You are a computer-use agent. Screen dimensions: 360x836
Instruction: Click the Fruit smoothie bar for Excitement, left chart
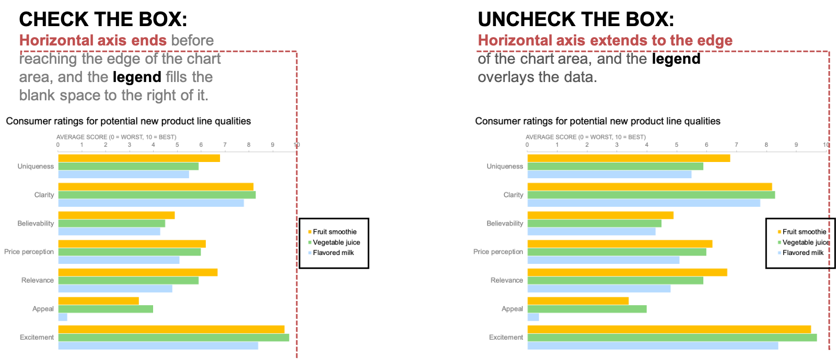171,329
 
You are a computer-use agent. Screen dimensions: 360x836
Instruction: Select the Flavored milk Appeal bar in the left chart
63,317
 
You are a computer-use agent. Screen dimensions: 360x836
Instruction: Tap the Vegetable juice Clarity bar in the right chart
651,195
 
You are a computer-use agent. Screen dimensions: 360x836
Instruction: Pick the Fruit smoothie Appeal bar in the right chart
578,301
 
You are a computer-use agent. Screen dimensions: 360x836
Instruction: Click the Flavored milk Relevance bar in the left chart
115,288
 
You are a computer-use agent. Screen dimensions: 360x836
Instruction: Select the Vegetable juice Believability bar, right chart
594,224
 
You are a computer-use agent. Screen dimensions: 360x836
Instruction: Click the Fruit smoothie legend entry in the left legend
334,232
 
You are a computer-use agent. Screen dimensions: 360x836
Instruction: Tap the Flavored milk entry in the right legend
803,253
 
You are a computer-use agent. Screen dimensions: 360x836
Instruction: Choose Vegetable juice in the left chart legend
336,242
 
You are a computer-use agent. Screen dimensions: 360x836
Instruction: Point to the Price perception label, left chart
29,252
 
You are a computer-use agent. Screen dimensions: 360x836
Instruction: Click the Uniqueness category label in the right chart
505,167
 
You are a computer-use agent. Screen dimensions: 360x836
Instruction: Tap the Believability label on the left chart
36,224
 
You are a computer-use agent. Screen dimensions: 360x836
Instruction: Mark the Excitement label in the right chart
506,338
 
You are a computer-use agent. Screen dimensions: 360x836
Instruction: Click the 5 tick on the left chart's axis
177,145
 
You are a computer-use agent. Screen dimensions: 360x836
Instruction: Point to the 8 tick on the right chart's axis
767,145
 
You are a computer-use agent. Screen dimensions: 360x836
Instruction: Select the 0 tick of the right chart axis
527,145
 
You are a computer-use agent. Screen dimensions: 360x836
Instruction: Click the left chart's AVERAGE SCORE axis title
116,137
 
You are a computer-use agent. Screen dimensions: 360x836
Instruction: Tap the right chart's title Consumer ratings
597,121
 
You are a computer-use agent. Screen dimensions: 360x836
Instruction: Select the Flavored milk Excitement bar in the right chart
653,346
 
